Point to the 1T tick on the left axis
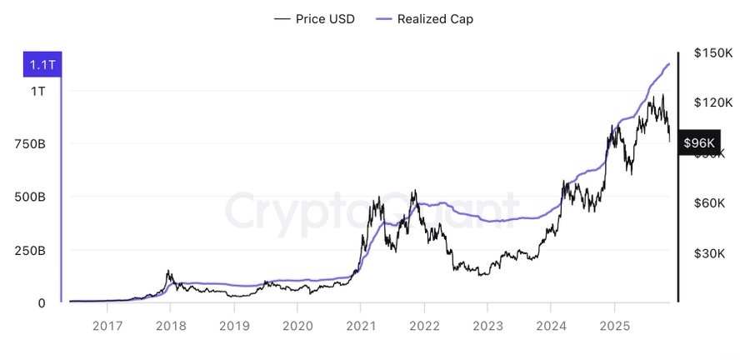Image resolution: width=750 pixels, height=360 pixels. [38, 91]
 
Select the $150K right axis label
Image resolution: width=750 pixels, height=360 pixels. [712, 52]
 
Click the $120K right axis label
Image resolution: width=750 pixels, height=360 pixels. [712, 102]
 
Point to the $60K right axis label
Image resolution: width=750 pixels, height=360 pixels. [712, 203]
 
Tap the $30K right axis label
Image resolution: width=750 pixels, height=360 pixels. [712, 253]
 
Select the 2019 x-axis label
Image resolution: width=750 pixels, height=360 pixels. [234, 326]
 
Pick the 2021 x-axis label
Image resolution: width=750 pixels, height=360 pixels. [361, 326]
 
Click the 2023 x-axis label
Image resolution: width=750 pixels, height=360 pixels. [487, 326]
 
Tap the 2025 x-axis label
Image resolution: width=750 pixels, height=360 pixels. [614, 326]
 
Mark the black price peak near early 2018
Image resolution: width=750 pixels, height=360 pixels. [169, 271]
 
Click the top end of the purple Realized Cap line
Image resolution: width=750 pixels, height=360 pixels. [669, 63]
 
